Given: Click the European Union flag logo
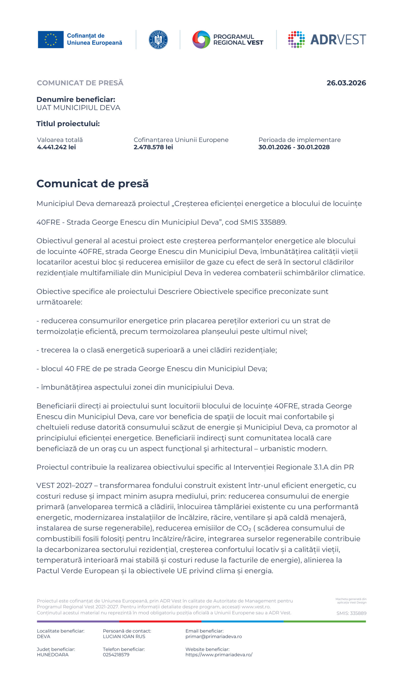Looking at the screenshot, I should tap(50, 39).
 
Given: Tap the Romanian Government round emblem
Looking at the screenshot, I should tap(158, 40).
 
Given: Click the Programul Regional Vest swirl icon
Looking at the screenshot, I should tap(201, 40).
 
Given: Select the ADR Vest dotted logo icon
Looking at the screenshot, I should tap(296, 40).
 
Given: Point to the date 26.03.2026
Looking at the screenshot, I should tap(346, 83).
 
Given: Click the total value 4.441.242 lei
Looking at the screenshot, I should tap(57, 147).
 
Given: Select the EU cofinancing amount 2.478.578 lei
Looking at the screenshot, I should tap(153, 147).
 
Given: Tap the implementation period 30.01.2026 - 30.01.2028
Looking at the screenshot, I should tap(294, 147).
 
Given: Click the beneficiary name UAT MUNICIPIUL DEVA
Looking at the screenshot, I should tap(79, 108).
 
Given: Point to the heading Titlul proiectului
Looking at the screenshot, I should tap(68, 124).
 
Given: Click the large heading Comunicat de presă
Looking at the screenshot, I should tap(93, 183).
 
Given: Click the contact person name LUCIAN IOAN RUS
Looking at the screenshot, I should tap(124, 636).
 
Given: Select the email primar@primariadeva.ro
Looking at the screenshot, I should tap(213, 636).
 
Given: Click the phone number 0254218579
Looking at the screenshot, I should tap(116, 654).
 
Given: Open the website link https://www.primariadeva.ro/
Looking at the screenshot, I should tap(219, 654).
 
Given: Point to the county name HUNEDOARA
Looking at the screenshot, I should tap(53, 654).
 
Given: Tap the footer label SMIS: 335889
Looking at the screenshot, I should tap(351, 613).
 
